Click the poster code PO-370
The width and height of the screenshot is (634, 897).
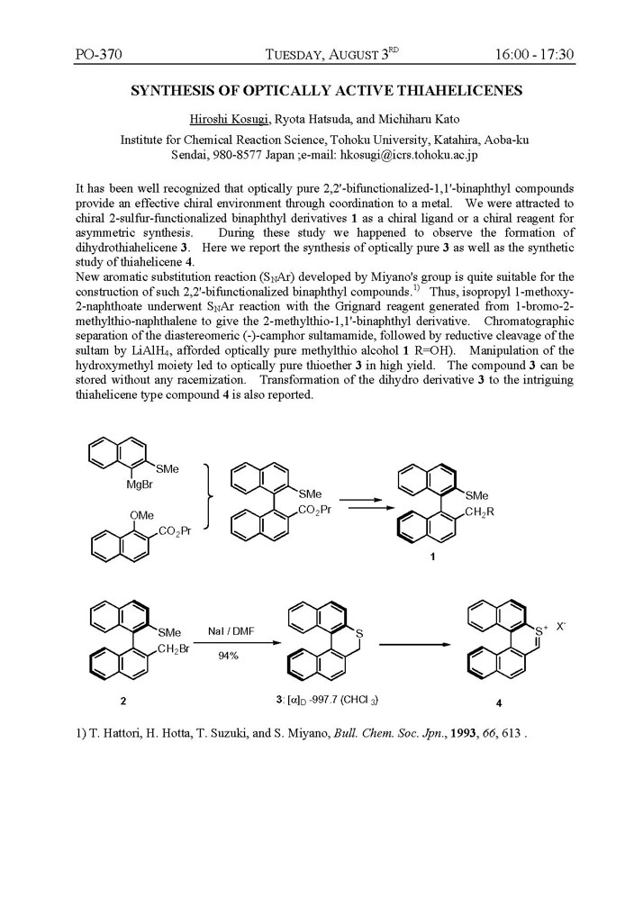pos(98,54)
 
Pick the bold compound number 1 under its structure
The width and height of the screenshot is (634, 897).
pos(432,557)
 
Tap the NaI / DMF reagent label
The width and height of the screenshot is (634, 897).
pos(229,634)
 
